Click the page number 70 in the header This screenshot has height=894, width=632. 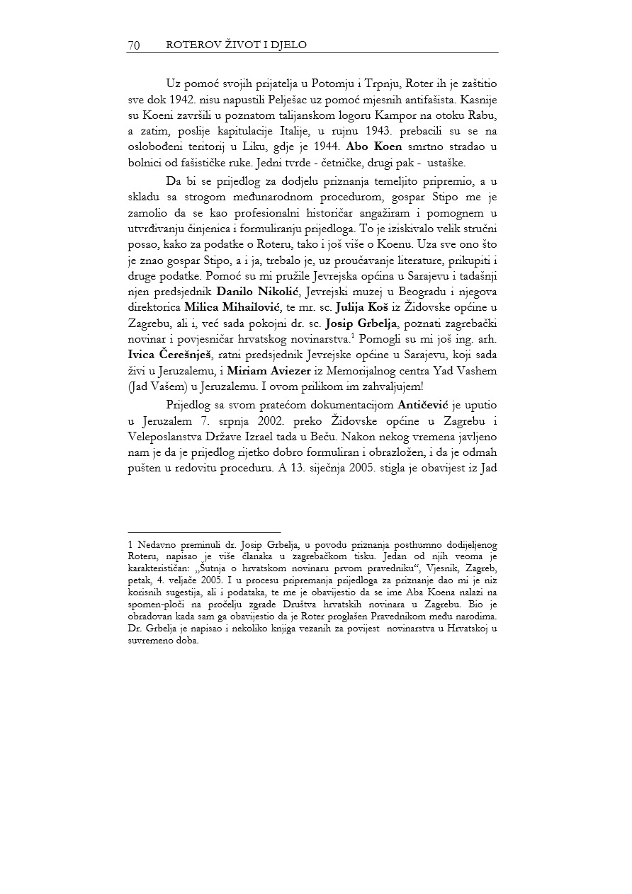point(133,45)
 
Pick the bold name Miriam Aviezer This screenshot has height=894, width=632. point(268,372)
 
